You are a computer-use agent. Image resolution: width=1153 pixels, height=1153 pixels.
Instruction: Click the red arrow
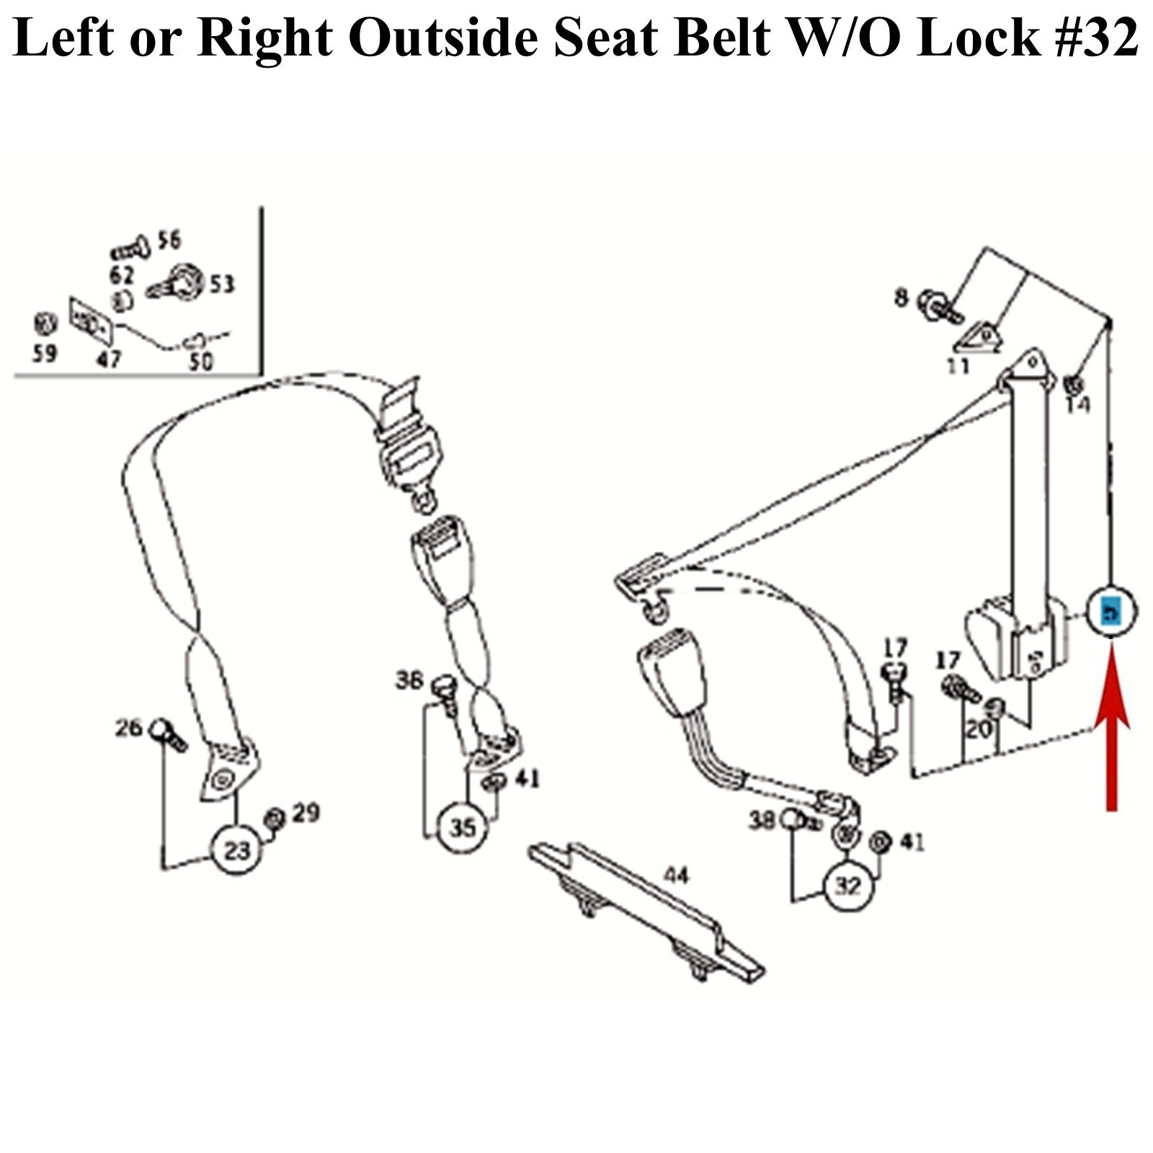point(1112,728)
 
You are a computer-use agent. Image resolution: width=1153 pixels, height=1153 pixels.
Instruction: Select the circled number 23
point(237,851)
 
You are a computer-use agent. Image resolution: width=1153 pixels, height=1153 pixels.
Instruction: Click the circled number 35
point(463,827)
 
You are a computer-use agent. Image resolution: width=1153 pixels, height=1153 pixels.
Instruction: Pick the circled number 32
point(847,886)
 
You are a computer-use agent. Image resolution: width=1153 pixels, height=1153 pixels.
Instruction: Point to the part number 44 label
point(675,876)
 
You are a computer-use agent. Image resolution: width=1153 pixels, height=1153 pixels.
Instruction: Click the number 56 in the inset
point(169,240)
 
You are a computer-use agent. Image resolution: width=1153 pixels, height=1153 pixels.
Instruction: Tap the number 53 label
point(222,285)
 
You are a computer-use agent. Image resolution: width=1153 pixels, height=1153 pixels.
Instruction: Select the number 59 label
point(44,354)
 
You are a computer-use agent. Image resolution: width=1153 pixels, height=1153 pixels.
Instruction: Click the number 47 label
point(109,358)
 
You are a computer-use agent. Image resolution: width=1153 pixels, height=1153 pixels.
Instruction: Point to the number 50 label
point(200,360)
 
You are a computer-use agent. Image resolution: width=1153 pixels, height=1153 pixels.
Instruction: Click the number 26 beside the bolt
point(130,728)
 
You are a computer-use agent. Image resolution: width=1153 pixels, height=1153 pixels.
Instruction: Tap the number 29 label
point(306,813)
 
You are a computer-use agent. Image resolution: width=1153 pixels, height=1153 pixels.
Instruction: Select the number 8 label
point(902,296)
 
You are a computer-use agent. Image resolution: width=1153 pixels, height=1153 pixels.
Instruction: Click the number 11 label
point(958,366)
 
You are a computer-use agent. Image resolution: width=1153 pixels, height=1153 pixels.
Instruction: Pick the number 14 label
point(1078,405)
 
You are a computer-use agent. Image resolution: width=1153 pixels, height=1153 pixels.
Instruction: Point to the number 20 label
point(979,730)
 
